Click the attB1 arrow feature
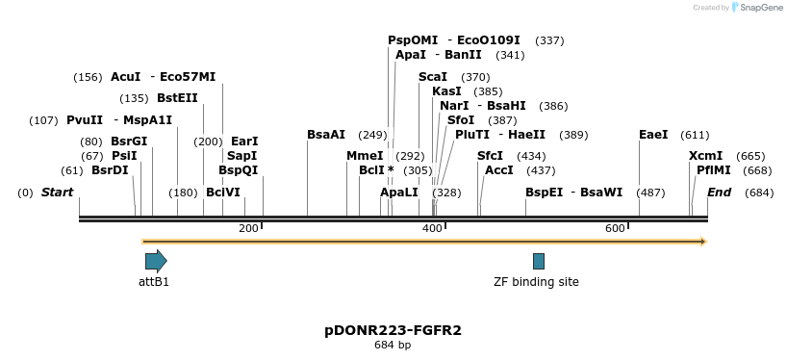[x=156, y=260]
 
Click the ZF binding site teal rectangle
[x=539, y=261]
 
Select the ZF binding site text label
[x=536, y=282]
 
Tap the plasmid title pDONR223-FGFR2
[x=393, y=330]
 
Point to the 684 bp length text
[x=393, y=345]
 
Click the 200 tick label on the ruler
[x=248, y=228]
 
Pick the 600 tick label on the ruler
[x=615, y=228]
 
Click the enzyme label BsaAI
[x=326, y=135]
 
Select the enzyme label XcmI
[x=705, y=156]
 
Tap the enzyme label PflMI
[x=713, y=170]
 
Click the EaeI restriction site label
[x=653, y=135]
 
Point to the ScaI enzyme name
[x=433, y=77]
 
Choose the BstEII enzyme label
[x=177, y=98]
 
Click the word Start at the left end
[x=57, y=193]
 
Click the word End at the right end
[x=720, y=193]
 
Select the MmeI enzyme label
[x=365, y=156]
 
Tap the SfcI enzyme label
[x=491, y=156]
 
